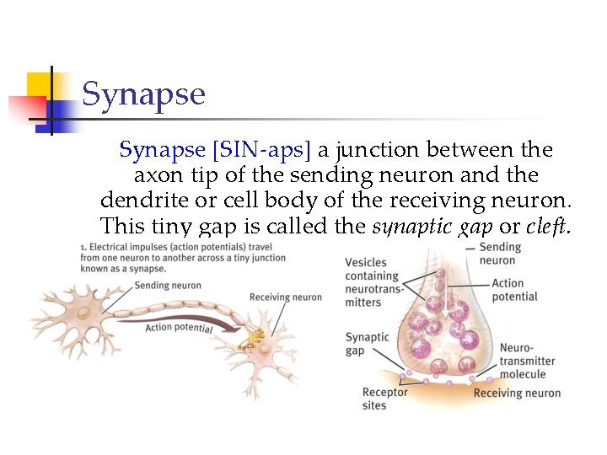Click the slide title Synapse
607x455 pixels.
tap(143, 94)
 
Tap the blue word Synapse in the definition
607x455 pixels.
tap(162, 151)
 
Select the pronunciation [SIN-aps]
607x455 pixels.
tap(261, 151)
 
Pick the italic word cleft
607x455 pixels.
tap(547, 226)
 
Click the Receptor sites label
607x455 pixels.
tap(384, 399)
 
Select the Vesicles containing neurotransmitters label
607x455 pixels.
tap(374, 282)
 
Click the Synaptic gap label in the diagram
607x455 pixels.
tap(368, 344)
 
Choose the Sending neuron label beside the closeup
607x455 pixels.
tap(500, 254)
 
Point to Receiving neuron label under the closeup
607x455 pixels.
tap(517, 393)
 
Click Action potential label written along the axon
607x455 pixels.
tap(179, 327)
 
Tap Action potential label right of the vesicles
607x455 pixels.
tap(514, 290)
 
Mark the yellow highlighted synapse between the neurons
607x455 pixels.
tap(250, 338)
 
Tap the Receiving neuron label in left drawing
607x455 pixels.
tap(285, 297)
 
